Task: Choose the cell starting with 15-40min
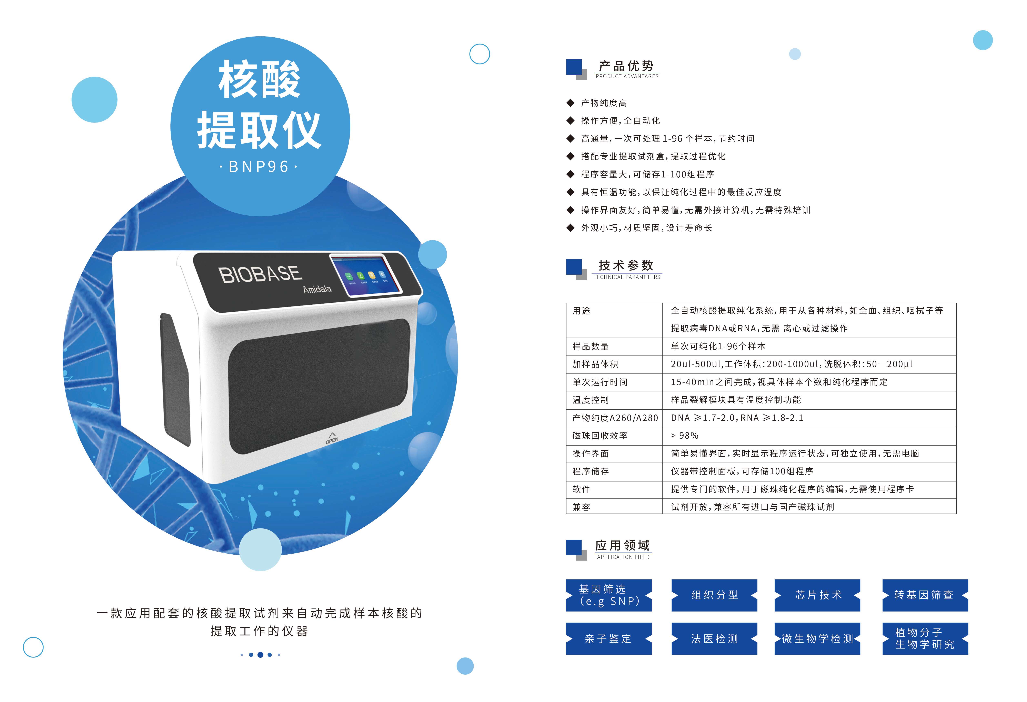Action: pos(779,382)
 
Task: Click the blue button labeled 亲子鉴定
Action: pos(608,638)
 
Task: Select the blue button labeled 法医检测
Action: pos(714,638)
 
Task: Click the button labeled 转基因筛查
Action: pos(925,595)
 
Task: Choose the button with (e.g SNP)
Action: pos(608,595)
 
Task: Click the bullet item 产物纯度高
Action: pos(604,103)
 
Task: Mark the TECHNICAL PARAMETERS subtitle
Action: pos(627,277)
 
